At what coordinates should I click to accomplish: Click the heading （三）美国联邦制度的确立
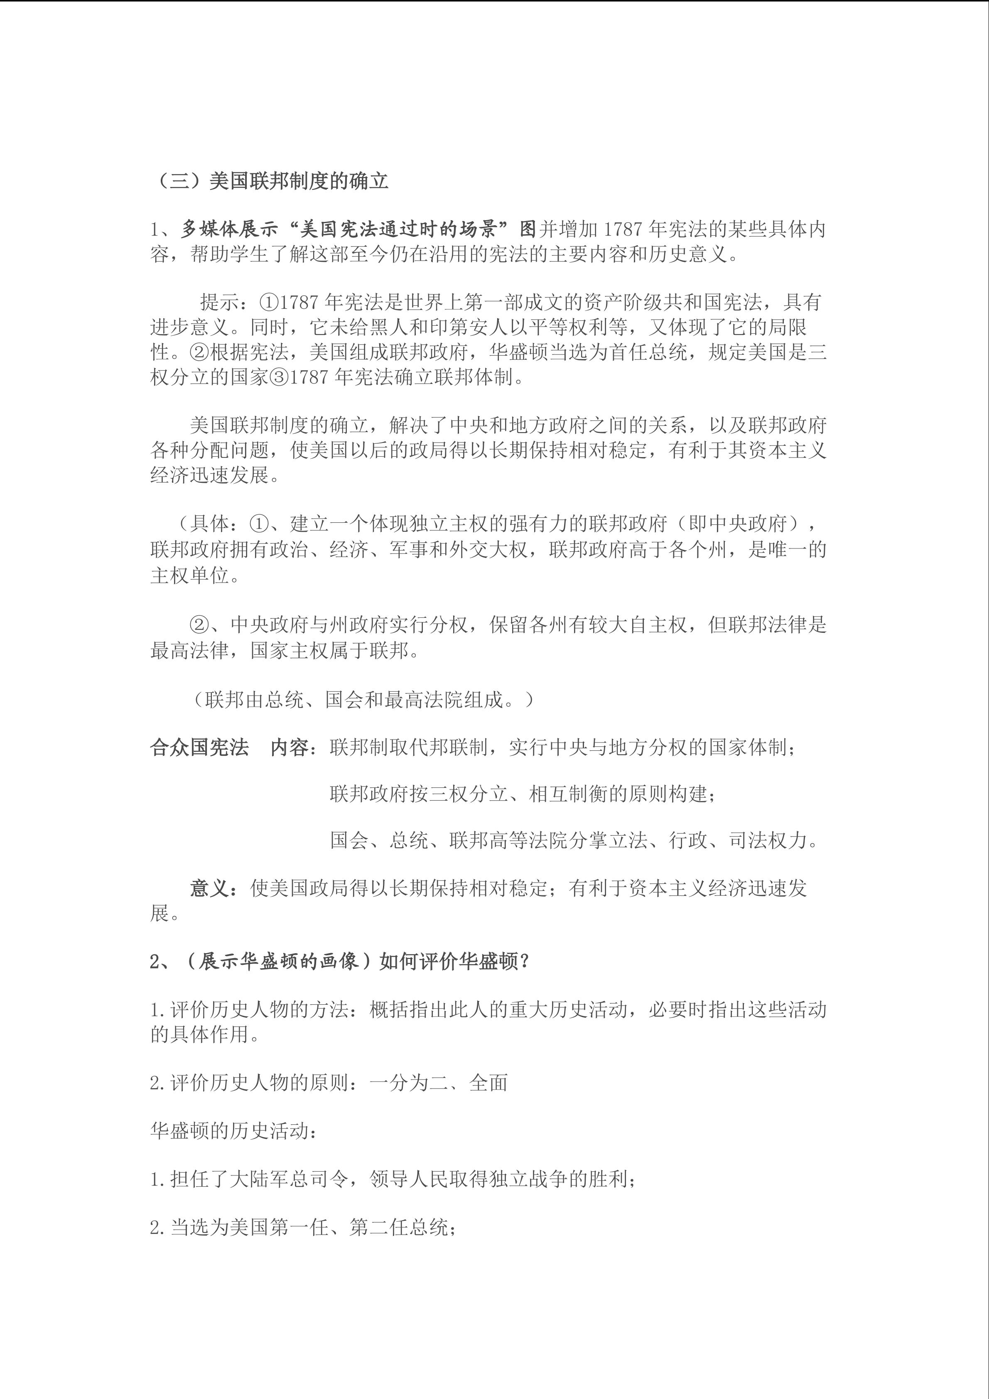pos(270,182)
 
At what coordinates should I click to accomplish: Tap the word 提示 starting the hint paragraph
pos(219,302)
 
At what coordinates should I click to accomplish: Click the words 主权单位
pos(189,575)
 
